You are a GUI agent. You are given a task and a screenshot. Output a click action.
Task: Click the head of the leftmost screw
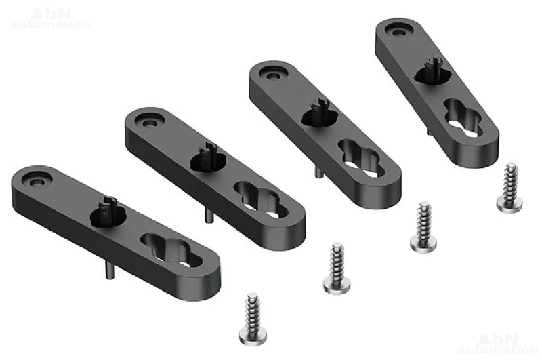pyautogui.click(x=253, y=336)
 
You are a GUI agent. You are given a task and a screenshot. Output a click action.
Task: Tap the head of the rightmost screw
pyautogui.click(x=509, y=203)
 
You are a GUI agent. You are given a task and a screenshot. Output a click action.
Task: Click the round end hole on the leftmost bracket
pyautogui.click(x=35, y=182)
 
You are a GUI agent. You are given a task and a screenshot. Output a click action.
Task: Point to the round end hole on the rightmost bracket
pyautogui.click(x=399, y=32)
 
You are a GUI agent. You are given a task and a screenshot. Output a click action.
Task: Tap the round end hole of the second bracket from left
pyautogui.click(x=150, y=123)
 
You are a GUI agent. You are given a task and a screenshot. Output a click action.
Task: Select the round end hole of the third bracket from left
pyautogui.click(x=274, y=75)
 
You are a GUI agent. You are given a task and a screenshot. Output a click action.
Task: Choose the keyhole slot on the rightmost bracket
pyautogui.click(x=462, y=117)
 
